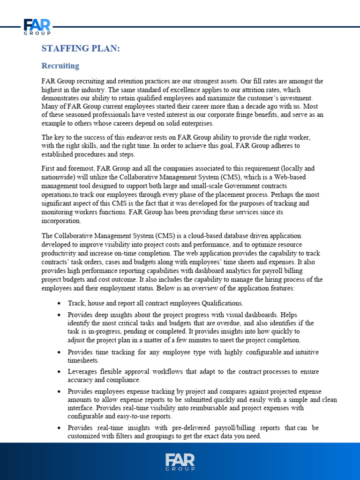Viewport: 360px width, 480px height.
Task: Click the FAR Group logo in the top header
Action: [37, 27]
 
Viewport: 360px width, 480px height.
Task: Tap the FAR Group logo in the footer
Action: [180, 461]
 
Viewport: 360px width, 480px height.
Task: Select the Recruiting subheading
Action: [60, 66]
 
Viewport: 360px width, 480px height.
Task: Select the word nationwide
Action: [60, 176]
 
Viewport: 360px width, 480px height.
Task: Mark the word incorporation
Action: [61, 221]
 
